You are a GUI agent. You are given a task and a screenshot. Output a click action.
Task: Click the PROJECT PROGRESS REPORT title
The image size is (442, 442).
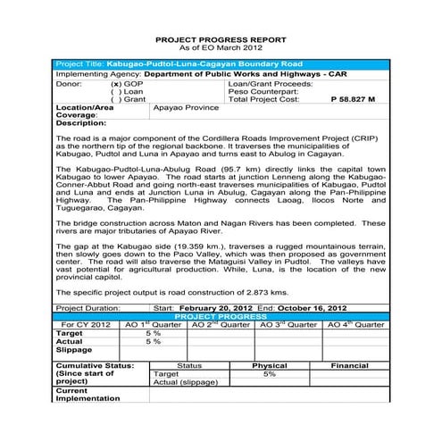pyautogui.click(x=221, y=40)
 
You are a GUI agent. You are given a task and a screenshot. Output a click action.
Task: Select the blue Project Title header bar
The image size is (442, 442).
pyautogui.click(x=221, y=65)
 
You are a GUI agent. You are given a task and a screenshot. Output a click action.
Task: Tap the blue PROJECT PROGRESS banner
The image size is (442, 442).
pyautogui.click(x=221, y=315)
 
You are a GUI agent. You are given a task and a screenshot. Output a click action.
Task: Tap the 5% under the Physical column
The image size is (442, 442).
pyautogui.click(x=269, y=374)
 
